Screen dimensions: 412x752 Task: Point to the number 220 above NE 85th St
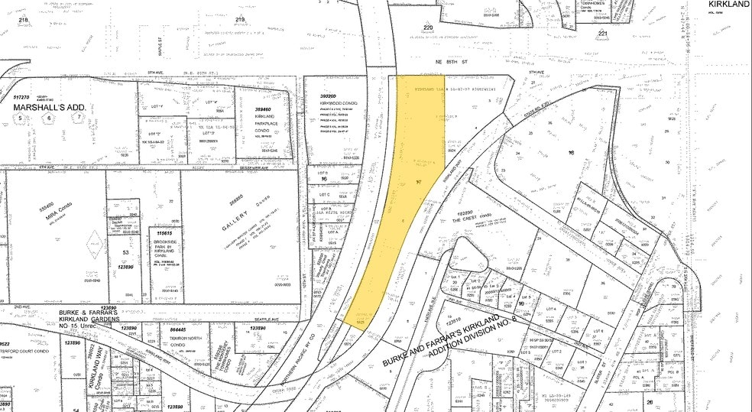pyautogui.click(x=427, y=28)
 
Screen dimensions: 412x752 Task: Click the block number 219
pyautogui.click(x=241, y=19)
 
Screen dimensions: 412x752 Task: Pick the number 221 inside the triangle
pyautogui.click(x=603, y=34)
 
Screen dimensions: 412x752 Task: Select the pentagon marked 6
pyautogui.click(x=50, y=118)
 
